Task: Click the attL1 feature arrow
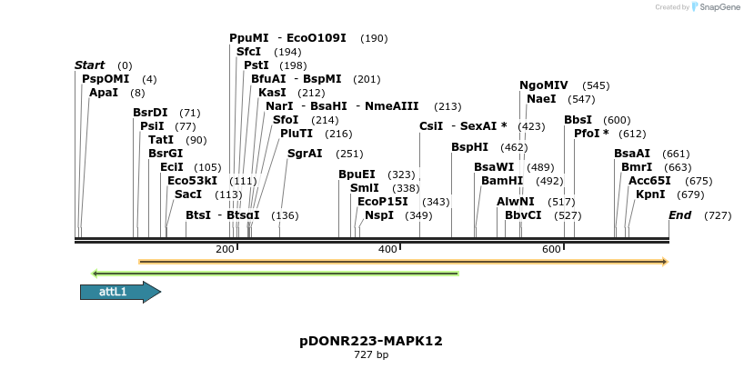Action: [119, 292]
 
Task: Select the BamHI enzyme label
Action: [501, 181]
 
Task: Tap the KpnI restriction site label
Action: [650, 194]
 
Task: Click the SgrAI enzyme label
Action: [305, 154]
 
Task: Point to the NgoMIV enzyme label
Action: [543, 85]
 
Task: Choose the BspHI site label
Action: [469, 147]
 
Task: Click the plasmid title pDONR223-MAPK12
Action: [371, 341]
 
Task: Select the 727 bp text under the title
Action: [371, 355]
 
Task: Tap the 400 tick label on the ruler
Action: [388, 249]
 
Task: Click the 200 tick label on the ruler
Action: [225, 249]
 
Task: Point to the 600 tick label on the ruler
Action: [551, 249]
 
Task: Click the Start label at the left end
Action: [89, 65]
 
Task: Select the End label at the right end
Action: [679, 215]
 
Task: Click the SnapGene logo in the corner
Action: [713, 7]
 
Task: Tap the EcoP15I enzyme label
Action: [382, 202]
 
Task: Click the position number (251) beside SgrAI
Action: [349, 154]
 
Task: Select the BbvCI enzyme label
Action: [523, 215]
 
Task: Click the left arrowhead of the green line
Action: [95, 273]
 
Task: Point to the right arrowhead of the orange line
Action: [665, 262]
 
